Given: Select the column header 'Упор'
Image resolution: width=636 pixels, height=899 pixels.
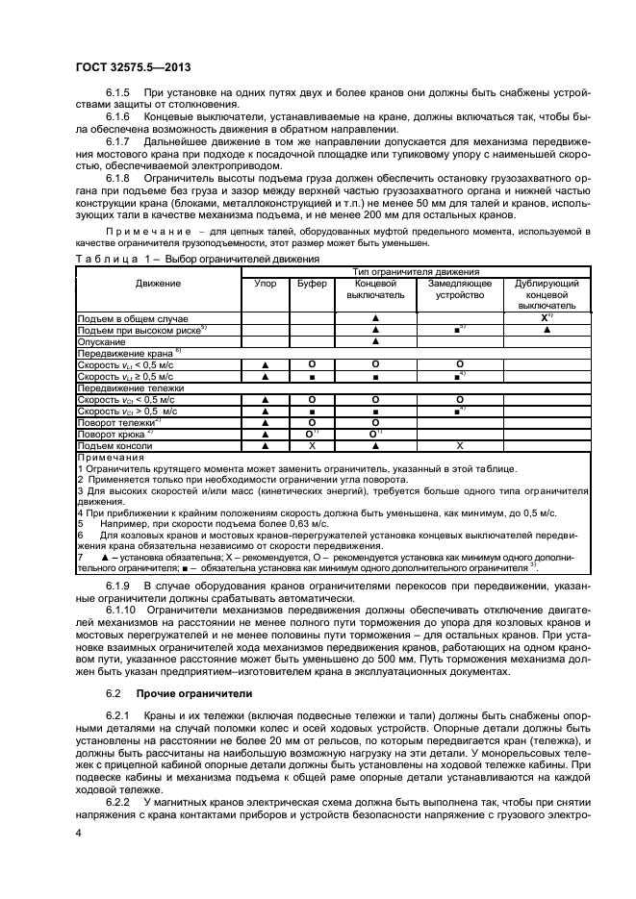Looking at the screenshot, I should click(265, 284).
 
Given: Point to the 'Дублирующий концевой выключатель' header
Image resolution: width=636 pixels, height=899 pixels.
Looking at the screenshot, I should click(547, 294).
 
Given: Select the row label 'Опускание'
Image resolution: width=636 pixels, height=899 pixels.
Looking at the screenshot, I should click(101, 340).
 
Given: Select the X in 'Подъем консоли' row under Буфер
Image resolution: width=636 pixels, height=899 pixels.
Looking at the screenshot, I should click(312, 445).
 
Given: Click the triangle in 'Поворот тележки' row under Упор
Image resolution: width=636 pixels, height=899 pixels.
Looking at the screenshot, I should click(265, 422).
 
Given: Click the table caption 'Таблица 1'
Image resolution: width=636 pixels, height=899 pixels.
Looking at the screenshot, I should click(111, 260).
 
